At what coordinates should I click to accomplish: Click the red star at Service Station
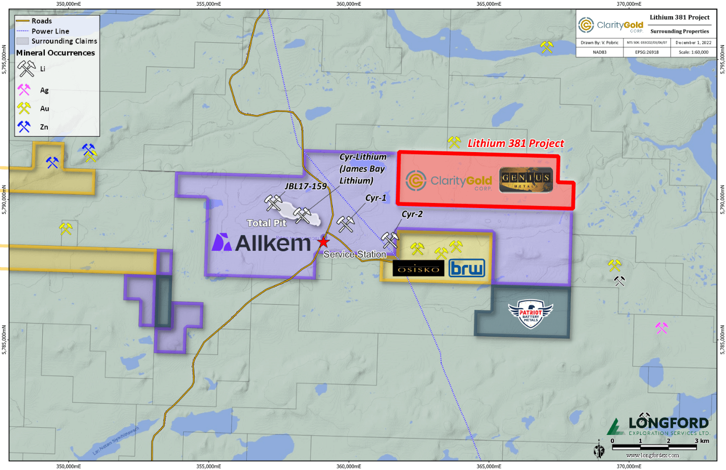coord(323,242)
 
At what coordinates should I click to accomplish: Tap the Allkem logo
coord(261,243)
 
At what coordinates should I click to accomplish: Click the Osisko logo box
coord(418,269)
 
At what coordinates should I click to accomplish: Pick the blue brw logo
coord(467,268)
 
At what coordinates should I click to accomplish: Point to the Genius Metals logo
coord(526,180)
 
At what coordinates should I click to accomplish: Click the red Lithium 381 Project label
coord(515,143)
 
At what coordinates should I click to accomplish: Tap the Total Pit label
coord(266,223)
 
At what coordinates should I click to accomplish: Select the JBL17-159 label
coord(305,186)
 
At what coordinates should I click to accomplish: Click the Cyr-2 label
coord(412,214)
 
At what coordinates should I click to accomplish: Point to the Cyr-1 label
coord(375,198)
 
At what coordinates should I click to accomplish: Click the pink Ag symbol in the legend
coord(24,90)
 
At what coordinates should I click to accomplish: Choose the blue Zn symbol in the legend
coord(24,126)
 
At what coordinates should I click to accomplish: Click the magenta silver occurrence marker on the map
coord(661,328)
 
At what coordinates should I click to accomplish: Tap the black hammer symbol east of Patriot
coord(619,281)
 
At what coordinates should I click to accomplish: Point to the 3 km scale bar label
coord(702,441)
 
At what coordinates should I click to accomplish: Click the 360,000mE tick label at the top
coord(349,4)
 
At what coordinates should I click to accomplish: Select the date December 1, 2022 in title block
coord(693,43)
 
